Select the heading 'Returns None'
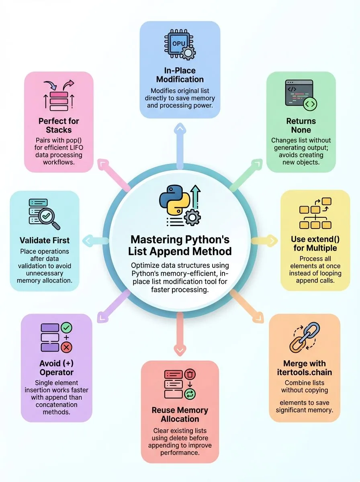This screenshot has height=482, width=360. [x=301, y=125]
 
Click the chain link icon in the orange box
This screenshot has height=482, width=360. [x=305, y=337]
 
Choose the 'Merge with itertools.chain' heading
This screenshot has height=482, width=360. [x=304, y=368]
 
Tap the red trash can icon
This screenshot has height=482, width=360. [x=190, y=375]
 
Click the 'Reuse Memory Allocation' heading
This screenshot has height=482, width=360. [x=180, y=415]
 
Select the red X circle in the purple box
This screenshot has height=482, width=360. [x=67, y=347]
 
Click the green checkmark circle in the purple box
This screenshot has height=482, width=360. [x=67, y=328]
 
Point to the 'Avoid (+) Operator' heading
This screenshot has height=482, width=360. [x=56, y=368]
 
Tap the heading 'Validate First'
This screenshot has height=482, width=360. [x=45, y=240]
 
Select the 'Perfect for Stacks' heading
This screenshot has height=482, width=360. [x=58, y=125]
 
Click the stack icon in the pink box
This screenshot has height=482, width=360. [x=59, y=98]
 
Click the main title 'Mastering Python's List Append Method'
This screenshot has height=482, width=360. [x=180, y=245]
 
